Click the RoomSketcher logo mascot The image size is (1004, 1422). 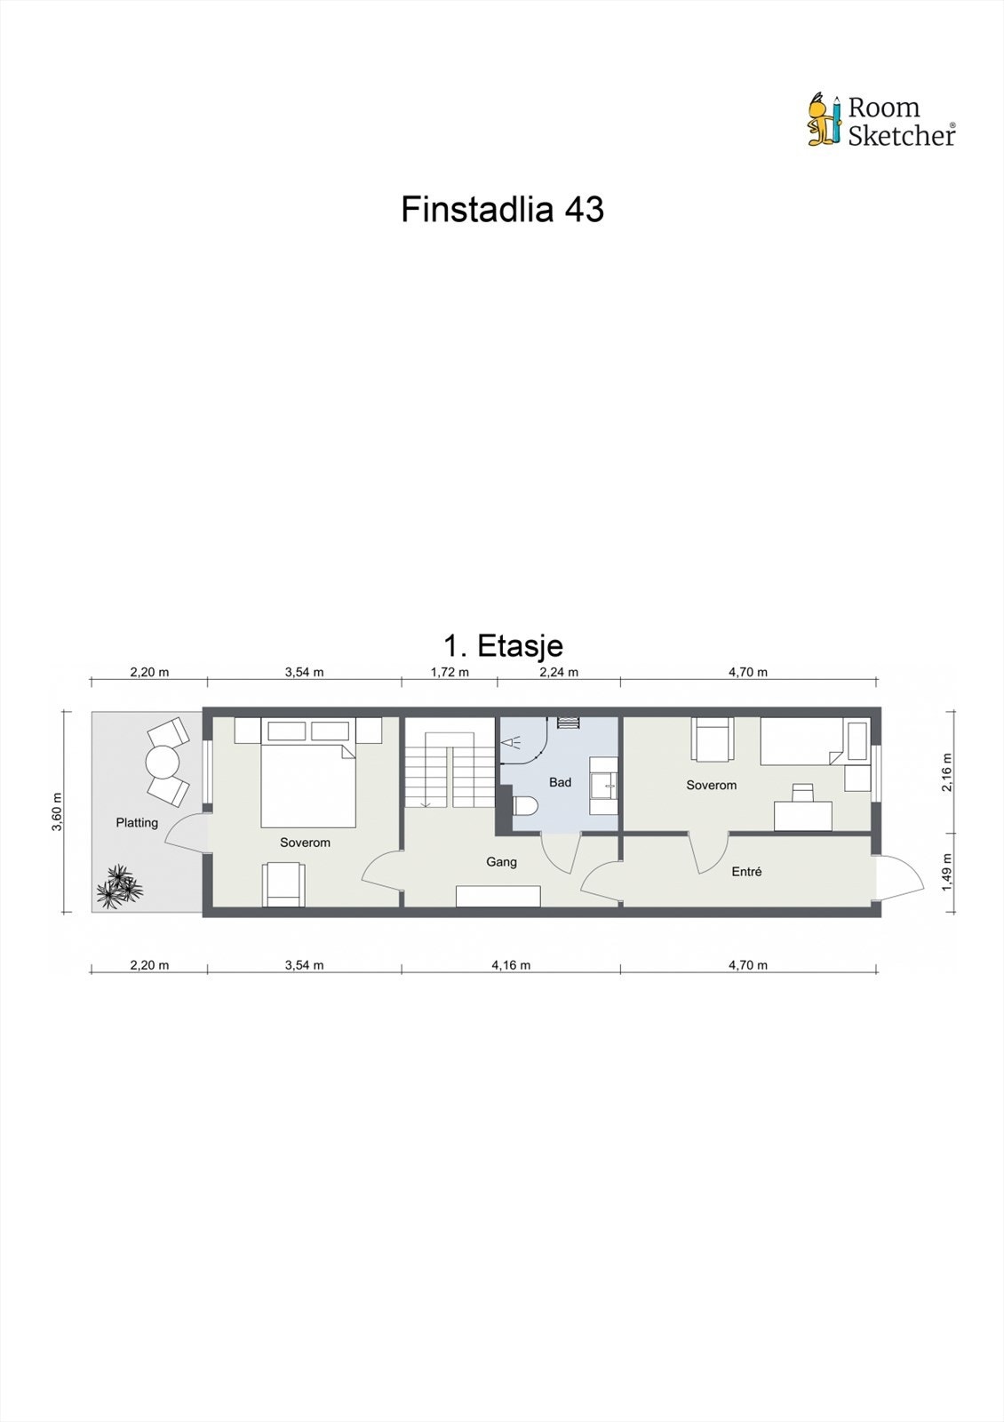point(823,119)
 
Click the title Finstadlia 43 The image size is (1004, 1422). point(502,210)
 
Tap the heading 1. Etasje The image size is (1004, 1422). point(502,645)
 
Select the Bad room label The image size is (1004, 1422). point(560,782)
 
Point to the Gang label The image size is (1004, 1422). point(501,861)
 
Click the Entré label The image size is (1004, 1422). point(746,872)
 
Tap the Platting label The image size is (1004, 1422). point(137,822)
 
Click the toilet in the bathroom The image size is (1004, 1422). point(525,806)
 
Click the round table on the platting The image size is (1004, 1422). point(163,762)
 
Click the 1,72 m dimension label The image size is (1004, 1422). point(450,672)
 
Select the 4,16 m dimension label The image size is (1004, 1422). point(511,965)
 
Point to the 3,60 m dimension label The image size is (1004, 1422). point(57,811)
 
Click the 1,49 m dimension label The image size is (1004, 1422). point(947,872)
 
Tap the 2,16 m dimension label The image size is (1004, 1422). point(947,771)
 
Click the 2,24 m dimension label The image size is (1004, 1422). point(559,672)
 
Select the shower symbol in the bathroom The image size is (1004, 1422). point(513,740)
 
